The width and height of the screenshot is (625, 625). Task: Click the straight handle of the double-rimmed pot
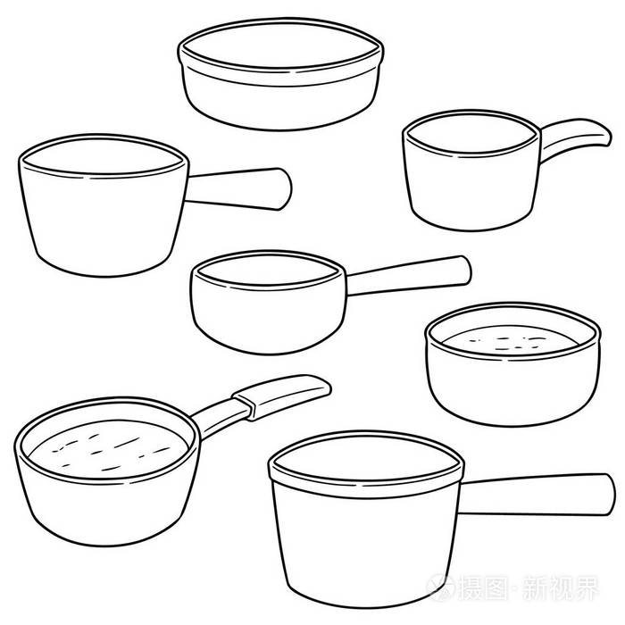point(536,495)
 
